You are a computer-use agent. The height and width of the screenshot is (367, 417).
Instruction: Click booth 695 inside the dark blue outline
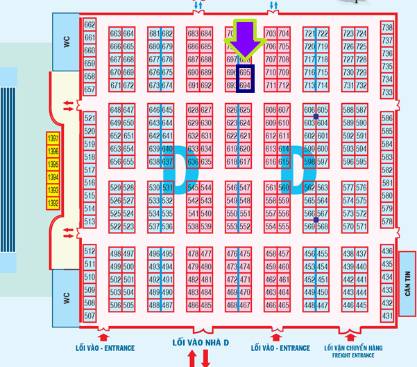pyautogui.click(x=245, y=72)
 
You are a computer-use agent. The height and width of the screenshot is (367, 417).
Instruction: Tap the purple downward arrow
pyautogui.click(x=243, y=40)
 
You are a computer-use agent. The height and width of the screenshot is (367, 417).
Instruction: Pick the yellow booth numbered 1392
pyautogui.click(x=53, y=203)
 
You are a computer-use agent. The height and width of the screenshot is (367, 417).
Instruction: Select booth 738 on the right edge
pyautogui.click(x=387, y=28)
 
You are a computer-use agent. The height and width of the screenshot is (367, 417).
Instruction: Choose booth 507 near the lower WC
pyautogui.click(x=90, y=316)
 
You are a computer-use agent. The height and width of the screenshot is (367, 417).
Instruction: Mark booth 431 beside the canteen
pyautogui.click(x=387, y=316)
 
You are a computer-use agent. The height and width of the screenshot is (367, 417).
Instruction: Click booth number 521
pyautogui.click(x=90, y=118)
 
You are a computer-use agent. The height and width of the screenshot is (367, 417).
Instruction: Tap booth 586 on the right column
pyautogui.click(x=387, y=118)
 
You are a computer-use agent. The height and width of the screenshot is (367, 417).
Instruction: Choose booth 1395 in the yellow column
pyautogui.click(x=53, y=165)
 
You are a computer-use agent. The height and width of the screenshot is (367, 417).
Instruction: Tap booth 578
pyautogui.click(x=387, y=221)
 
